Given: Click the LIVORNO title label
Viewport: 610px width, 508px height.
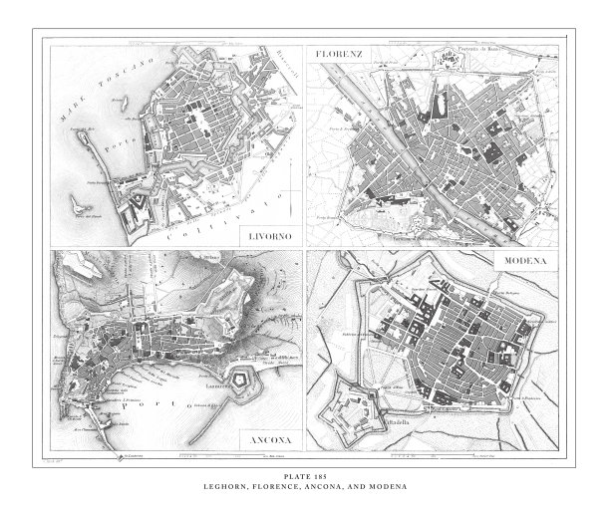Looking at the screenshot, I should coord(273,235).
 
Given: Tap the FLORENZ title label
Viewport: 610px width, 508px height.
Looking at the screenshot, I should coord(336,51).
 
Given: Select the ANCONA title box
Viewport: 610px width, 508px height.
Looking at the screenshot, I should coord(270,438).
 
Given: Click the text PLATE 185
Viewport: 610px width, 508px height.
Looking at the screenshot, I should coord(304,477).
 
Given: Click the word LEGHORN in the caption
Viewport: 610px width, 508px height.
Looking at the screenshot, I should coord(235,486).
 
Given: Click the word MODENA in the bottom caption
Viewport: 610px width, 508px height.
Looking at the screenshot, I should coord(386,486).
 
